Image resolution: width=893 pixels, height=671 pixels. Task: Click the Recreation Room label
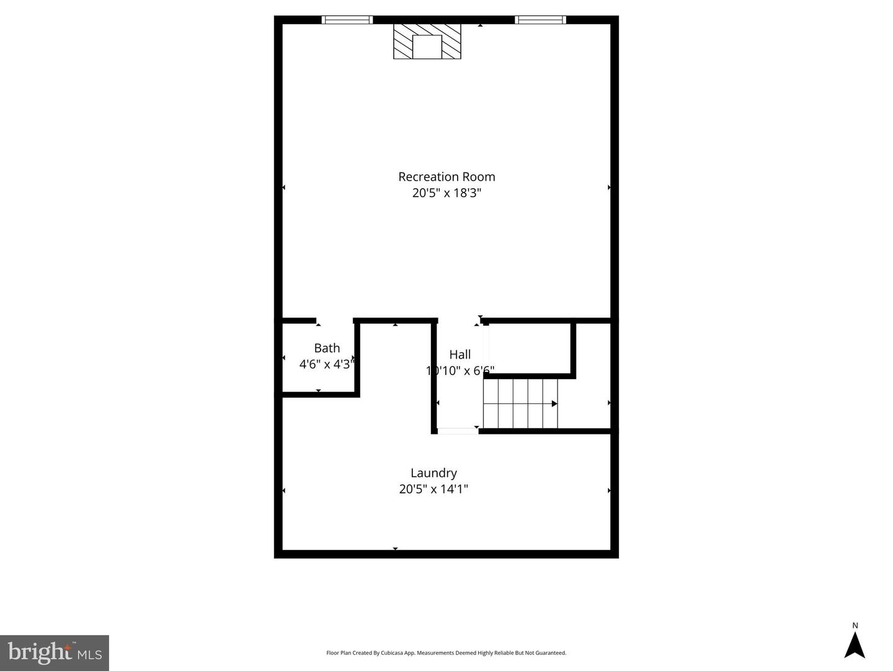(x=446, y=177)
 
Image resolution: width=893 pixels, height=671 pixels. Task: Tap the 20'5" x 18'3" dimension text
(x=446, y=193)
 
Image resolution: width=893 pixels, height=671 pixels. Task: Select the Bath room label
(x=327, y=348)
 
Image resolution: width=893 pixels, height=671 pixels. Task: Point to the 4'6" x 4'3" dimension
(x=326, y=364)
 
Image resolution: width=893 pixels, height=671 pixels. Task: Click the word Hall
(x=460, y=354)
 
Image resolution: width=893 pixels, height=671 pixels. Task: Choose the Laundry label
(x=433, y=473)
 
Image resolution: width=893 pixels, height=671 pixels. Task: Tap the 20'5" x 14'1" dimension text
(x=433, y=489)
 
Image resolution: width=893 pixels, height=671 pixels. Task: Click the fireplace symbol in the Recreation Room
(x=427, y=42)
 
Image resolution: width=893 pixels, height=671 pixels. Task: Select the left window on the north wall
(x=347, y=20)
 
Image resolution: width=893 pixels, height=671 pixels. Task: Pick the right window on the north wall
(x=540, y=20)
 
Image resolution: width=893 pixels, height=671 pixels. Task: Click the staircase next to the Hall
(x=520, y=403)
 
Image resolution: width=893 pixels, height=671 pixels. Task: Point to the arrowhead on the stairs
(x=554, y=403)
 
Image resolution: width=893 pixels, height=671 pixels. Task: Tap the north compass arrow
(x=855, y=646)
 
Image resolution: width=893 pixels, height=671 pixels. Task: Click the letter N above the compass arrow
(x=855, y=626)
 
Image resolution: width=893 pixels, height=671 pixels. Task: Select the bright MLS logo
(x=55, y=652)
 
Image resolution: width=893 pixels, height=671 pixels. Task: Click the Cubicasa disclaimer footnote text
(x=446, y=653)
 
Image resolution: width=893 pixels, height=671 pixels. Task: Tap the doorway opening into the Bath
(x=335, y=321)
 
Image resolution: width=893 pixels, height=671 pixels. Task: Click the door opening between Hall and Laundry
(x=458, y=431)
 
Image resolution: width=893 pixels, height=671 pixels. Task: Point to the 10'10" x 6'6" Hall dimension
(x=460, y=371)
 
